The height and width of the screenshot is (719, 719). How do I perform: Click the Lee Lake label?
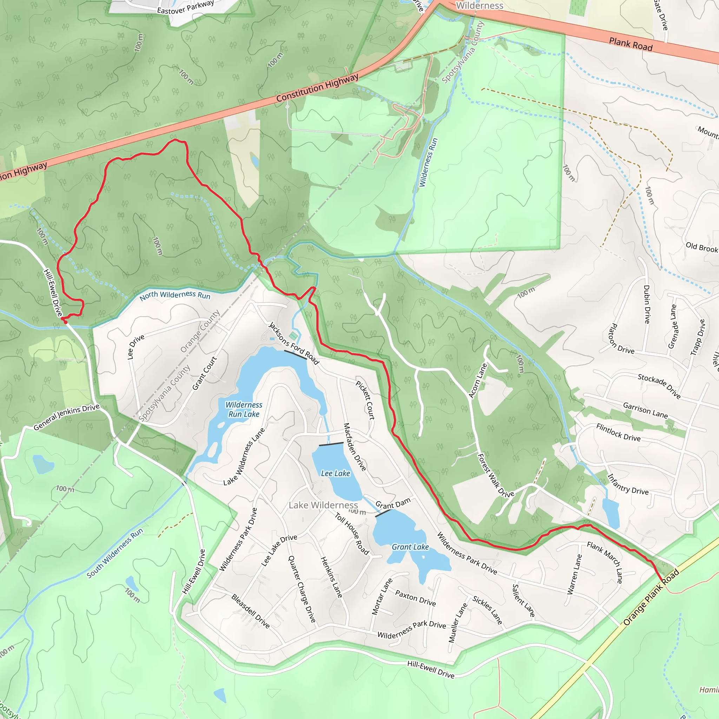click(x=335, y=473)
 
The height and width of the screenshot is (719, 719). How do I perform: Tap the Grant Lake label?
click(x=410, y=547)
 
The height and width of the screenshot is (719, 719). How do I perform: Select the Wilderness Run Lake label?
click(x=244, y=409)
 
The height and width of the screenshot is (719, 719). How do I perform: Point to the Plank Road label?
click(x=631, y=44)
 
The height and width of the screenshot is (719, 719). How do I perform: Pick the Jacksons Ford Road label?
click(x=293, y=343)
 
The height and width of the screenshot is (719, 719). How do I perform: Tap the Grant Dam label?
click(x=393, y=503)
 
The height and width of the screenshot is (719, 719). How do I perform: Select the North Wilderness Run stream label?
click(x=175, y=295)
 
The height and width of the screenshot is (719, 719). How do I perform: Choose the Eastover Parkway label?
click(x=185, y=7)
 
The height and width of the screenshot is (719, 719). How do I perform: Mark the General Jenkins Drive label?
click(x=67, y=417)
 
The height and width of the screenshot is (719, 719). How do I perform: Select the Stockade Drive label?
click(x=659, y=386)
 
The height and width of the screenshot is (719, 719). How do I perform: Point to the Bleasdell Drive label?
click(x=250, y=611)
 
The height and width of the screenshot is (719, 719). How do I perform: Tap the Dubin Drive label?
click(x=647, y=304)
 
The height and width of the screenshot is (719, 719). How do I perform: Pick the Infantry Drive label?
click(x=628, y=484)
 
